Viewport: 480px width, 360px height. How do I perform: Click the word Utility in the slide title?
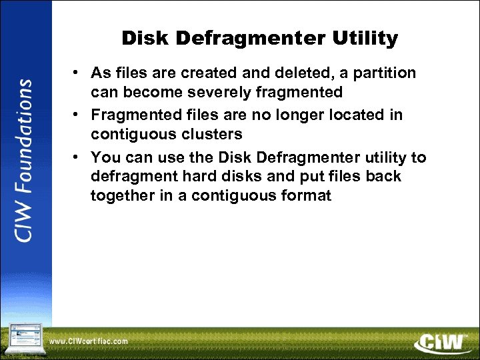tap(365, 39)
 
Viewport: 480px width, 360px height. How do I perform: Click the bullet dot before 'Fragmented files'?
tap(78, 115)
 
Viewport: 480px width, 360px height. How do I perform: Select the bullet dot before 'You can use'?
tap(78, 157)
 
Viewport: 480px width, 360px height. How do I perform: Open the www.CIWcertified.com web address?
tap(89, 341)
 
